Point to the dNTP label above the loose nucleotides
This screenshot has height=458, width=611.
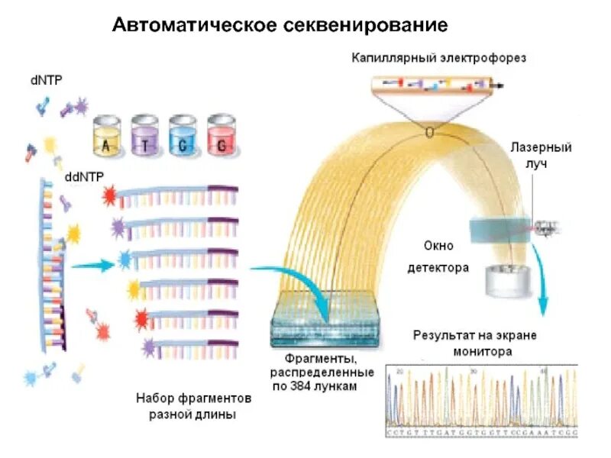pyautogui.click(x=46, y=79)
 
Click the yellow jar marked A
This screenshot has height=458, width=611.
pyautogui.click(x=107, y=137)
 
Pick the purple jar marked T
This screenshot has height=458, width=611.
pyautogui.click(x=144, y=137)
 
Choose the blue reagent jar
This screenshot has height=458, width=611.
pyautogui.click(x=183, y=137)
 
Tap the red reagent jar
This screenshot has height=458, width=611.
pyautogui.click(x=221, y=137)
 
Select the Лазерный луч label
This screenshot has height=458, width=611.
pyautogui.click(x=541, y=155)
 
